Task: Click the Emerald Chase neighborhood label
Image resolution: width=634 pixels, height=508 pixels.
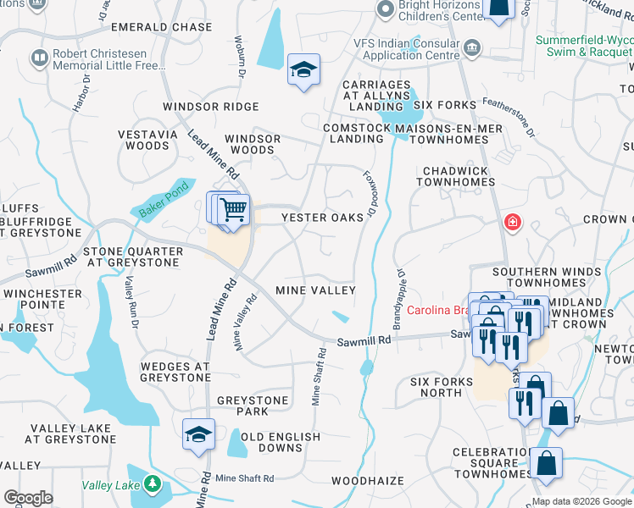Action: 172,27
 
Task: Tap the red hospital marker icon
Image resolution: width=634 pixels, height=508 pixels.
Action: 512,223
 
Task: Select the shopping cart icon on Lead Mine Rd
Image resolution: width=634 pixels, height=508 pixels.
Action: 234,209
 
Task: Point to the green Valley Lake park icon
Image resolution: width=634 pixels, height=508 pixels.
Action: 152,484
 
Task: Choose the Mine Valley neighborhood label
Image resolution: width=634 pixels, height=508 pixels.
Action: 315,290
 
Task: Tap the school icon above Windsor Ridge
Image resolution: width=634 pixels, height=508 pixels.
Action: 303,71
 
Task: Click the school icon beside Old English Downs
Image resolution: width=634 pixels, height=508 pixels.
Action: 198,435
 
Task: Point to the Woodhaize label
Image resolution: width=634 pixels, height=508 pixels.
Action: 368,481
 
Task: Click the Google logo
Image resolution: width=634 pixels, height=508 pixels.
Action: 27,497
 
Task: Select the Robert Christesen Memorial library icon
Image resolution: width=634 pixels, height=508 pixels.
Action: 38,58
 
